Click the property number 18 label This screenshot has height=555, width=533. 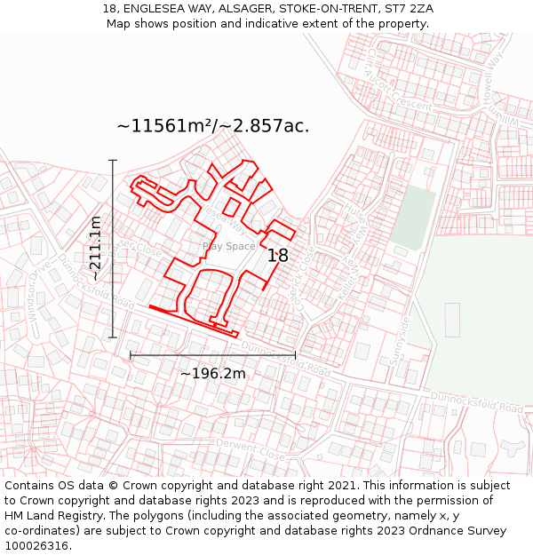tap(278, 256)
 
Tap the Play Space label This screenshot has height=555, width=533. tap(228, 246)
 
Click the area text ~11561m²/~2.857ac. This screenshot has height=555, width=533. tap(213, 126)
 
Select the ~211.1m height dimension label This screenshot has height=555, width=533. tap(95, 249)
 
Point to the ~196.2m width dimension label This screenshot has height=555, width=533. tap(212, 374)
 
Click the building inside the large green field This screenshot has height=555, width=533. tap(452, 320)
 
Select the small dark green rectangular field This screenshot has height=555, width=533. tap(413, 217)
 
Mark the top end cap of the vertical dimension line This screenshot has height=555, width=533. tap(113, 160)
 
